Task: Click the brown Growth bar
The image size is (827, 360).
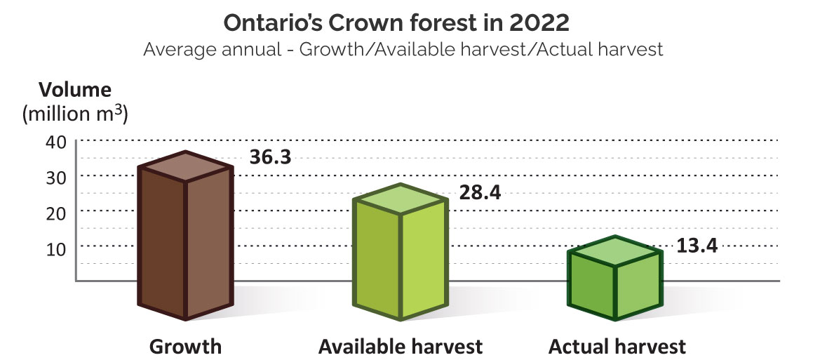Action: tap(185, 246)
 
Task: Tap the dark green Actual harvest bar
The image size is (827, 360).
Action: tap(615, 288)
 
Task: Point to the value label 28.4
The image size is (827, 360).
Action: tap(480, 192)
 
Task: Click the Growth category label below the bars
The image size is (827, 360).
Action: tap(185, 347)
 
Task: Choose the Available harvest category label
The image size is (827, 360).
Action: tap(401, 347)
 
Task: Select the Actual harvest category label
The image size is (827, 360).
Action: tap(617, 347)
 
